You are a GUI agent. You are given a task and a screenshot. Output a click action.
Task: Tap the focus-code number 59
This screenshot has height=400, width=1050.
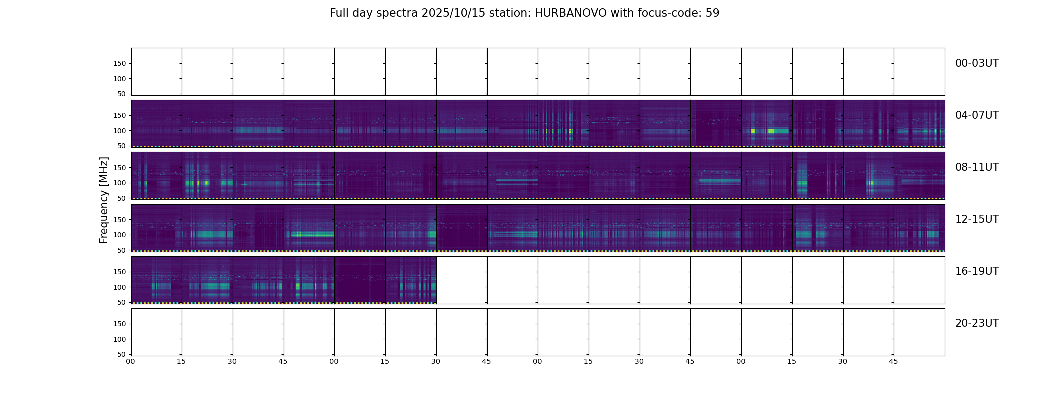[x=712, y=13]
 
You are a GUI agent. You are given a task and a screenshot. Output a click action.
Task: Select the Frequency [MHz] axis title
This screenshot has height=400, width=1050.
[x=104, y=200]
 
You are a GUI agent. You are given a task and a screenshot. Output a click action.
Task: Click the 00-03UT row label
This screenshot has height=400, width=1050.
[x=977, y=63]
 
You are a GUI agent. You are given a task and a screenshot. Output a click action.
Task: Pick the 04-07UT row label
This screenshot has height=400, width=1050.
[x=977, y=115]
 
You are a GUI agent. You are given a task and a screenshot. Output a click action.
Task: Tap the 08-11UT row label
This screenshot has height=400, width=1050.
[x=977, y=167]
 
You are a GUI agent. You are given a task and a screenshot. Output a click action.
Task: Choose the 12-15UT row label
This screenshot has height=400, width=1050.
[x=977, y=219]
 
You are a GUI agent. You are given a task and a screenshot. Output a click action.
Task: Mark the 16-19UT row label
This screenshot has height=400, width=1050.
[x=977, y=271]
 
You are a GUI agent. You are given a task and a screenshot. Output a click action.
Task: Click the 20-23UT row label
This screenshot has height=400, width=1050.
[x=977, y=323]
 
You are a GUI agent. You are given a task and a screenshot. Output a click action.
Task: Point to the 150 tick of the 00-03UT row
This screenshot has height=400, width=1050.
[x=120, y=64]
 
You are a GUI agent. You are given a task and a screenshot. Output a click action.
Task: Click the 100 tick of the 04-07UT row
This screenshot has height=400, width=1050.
[x=120, y=131]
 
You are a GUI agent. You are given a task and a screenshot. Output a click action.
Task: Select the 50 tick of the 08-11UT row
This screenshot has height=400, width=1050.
[x=122, y=198]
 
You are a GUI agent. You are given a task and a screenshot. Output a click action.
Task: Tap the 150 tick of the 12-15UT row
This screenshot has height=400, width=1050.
[x=120, y=220]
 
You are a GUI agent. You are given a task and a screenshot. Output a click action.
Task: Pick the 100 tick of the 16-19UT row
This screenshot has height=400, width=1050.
[x=120, y=287]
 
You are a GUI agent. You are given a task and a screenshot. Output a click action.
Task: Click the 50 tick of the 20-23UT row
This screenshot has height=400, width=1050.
[x=122, y=354]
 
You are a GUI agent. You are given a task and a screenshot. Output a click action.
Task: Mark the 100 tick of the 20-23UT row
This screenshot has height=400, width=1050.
[x=120, y=339]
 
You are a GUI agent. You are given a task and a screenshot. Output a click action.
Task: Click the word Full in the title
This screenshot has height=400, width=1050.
[x=339, y=13]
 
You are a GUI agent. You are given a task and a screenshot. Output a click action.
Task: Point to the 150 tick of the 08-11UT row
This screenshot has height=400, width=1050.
[x=120, y=168]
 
